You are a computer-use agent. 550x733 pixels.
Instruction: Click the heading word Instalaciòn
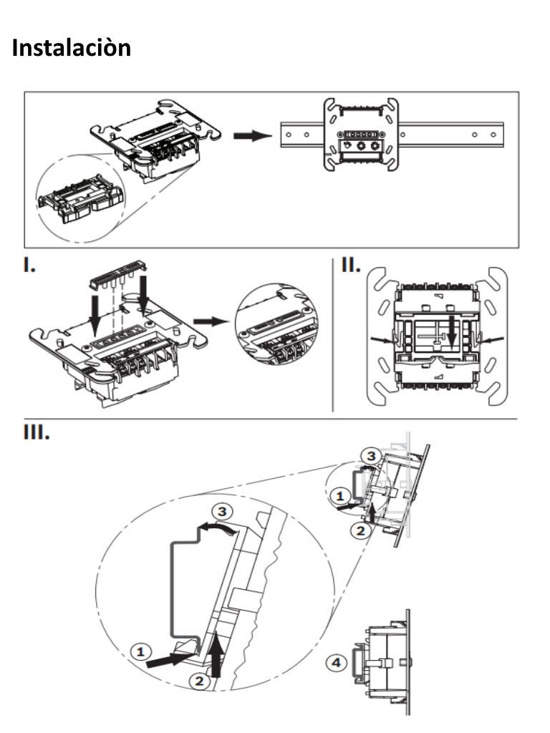coord(72,48)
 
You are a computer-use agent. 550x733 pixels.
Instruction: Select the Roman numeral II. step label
coord(351,266)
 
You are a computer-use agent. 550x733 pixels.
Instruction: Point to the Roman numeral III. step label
coord(37,434)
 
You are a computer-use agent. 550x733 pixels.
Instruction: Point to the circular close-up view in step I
coord(273,321)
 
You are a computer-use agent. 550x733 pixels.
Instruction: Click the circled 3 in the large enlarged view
coord(223,513)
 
